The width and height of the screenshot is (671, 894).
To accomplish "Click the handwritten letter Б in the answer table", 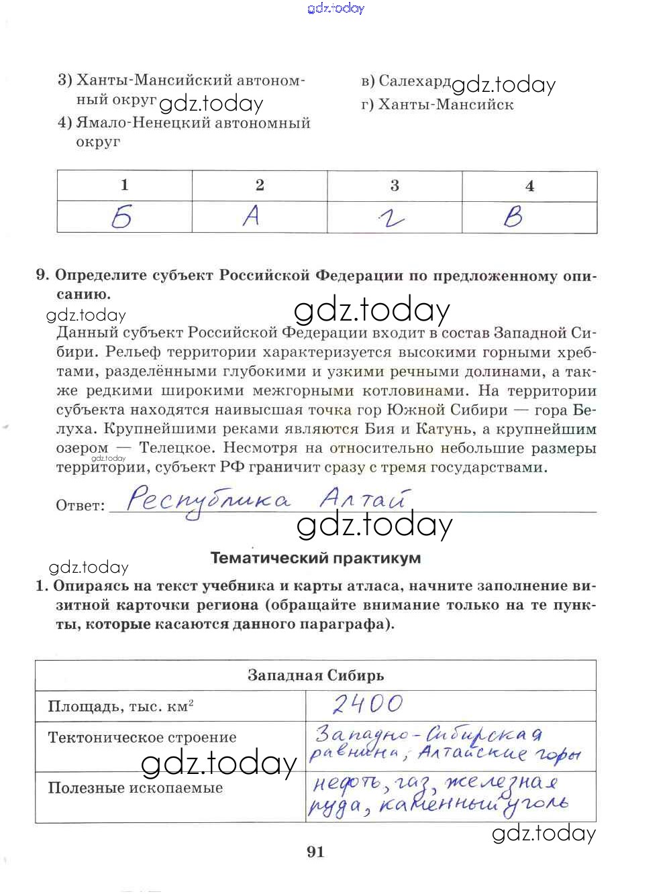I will tap(122, 217).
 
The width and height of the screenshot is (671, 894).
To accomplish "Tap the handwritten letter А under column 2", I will tap(251, 216).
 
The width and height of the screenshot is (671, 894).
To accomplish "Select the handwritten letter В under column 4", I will tap(513, 217).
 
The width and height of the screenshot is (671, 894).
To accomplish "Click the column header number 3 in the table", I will tap(395, 186).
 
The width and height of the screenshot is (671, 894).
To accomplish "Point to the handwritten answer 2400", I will tap(368, 704).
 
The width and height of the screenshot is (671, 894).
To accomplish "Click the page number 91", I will tap(315, 852).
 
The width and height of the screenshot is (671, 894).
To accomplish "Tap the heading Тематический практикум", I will tap(315, 558).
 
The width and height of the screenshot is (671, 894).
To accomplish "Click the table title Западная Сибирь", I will tap(315, 675).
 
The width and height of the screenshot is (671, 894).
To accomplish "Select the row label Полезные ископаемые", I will tap(135, 788).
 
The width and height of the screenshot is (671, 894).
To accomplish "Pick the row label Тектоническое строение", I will tap(142, 738).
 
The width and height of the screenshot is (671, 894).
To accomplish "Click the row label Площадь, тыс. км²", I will tap(121, 706).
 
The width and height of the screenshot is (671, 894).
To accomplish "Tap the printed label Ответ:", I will tap(81, 506).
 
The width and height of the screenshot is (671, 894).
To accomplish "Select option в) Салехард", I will tap(406, 81).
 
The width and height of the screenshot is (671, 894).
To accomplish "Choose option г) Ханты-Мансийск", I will tap(437, 105).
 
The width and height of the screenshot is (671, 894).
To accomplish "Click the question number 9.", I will tap(42, 275).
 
